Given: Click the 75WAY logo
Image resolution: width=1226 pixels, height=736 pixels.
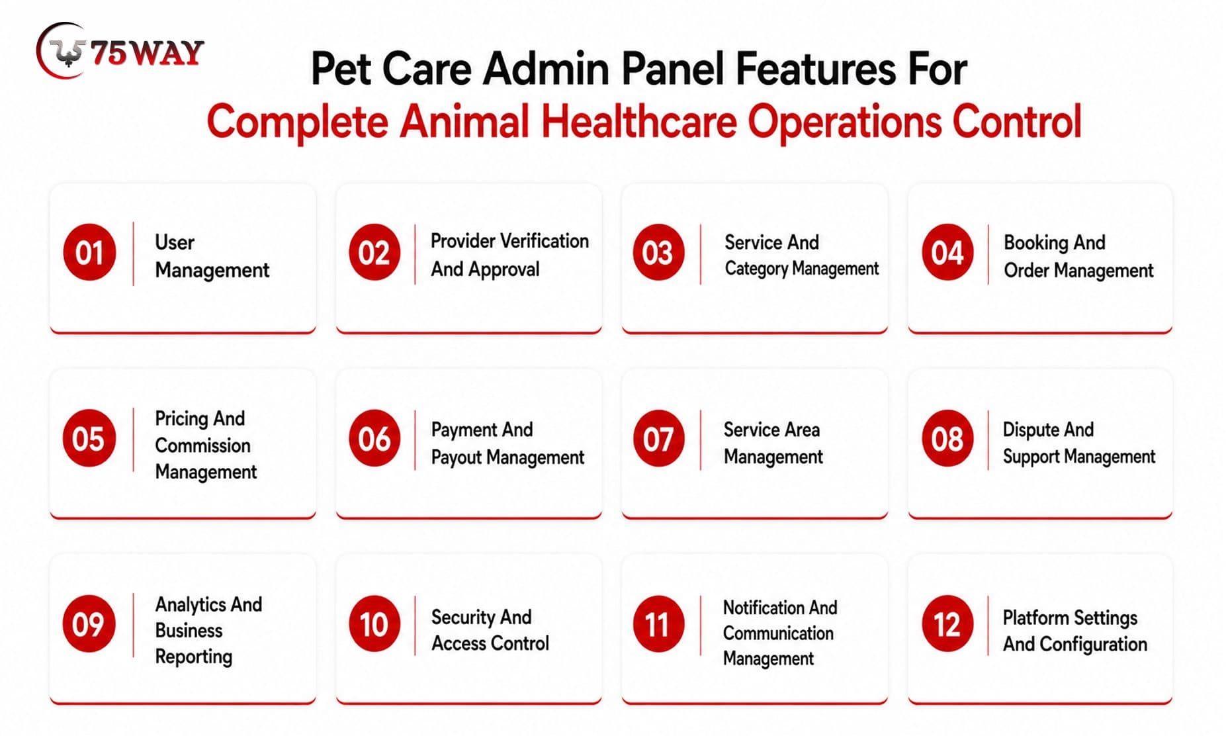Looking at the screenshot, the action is coord(120,52).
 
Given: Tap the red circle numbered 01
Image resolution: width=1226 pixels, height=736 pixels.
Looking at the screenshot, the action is coord(89,252).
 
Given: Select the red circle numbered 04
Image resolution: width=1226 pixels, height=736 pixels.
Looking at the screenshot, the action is coord(947,252).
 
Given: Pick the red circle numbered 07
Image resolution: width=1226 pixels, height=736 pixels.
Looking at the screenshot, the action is coord(658,438).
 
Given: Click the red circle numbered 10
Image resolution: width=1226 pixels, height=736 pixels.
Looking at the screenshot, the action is coord(374,623).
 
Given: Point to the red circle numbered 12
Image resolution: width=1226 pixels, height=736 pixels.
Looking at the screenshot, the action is coord(947,623).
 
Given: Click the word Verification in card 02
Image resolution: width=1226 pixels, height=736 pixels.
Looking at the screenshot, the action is coord(545,241).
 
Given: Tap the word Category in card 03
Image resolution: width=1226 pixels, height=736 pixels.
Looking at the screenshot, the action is coord(756,269).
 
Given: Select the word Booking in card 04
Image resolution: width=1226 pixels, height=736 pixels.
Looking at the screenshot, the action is coord(1036,243).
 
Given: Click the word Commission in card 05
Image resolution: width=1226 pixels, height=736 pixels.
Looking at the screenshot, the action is coord(202,445).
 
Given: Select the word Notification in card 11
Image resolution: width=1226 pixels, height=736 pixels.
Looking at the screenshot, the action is coord(763,608).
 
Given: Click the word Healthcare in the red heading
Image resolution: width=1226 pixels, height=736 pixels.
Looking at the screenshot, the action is coord(639,122).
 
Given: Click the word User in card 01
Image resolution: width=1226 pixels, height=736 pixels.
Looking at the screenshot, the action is coord(175,242).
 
